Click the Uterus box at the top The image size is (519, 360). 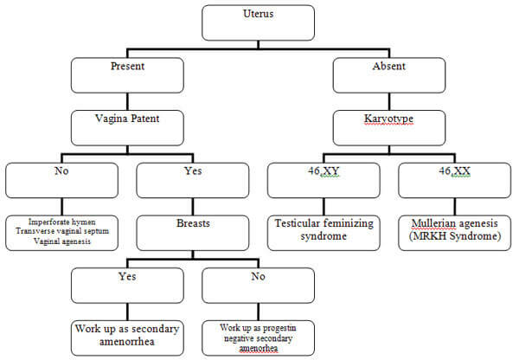258,22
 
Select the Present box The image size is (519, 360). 127,75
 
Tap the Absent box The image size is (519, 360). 389,75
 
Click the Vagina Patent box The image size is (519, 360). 127,128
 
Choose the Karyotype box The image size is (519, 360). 389,128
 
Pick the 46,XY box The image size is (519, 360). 324,181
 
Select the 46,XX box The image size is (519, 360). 455,181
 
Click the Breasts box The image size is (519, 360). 193,233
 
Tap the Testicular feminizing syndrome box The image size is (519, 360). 324,233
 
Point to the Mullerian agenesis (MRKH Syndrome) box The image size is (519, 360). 455,233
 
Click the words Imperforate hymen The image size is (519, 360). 62,222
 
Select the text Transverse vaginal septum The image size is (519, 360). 62,231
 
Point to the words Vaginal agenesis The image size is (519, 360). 62,241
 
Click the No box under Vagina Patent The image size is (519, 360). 62,181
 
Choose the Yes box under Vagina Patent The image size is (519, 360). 193,181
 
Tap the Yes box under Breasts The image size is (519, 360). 127,286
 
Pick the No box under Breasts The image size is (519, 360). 258,286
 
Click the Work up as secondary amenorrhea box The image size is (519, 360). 127,338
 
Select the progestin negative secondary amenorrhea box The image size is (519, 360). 258,338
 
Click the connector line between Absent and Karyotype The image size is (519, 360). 389,101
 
